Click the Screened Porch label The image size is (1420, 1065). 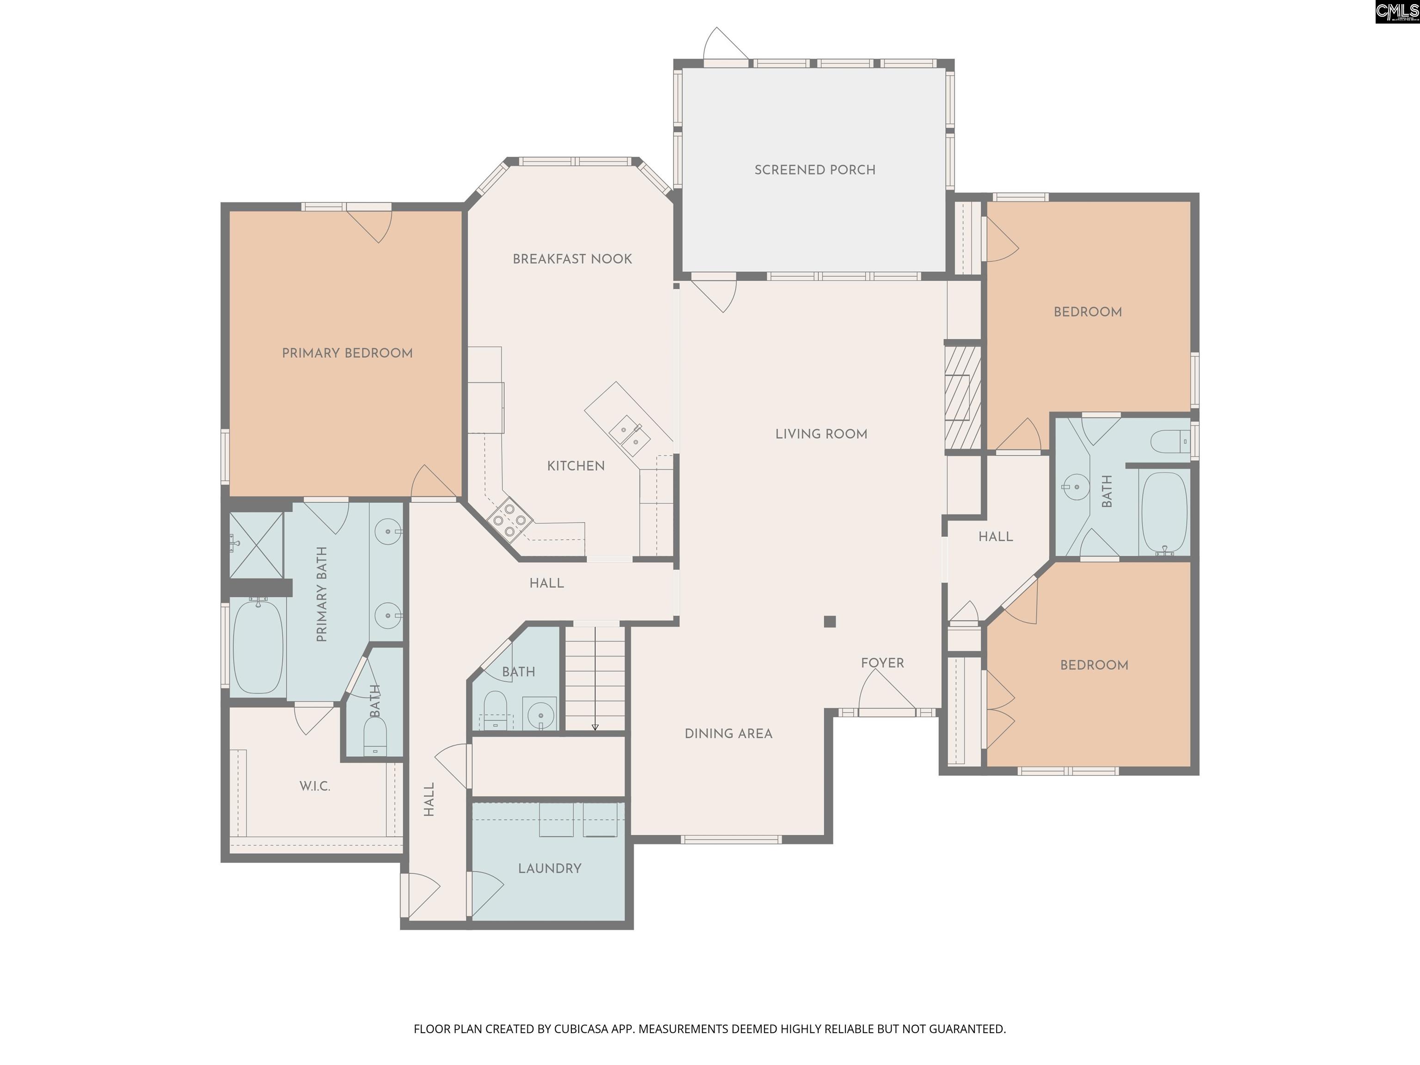(814, 170)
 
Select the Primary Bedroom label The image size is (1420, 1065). (347, 353)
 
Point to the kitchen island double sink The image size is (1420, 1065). (630, 435)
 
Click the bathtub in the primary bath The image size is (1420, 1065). (257, 646)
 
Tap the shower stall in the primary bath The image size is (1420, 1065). (256, 545)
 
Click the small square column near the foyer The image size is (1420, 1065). (829, 621)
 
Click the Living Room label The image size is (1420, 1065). (821, 434)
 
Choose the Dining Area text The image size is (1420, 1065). (728, 734)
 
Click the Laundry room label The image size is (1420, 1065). (550, 869)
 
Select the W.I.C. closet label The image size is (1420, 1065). (315, 786)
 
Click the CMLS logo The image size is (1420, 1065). (1396, 12)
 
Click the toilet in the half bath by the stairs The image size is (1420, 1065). (495, 709)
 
